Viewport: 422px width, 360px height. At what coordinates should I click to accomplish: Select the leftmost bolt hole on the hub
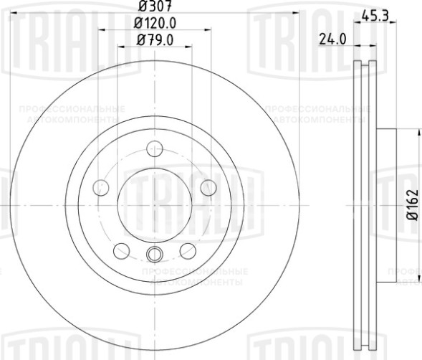pos(101,188)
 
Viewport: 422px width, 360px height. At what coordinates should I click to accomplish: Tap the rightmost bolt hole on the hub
pos(208,188)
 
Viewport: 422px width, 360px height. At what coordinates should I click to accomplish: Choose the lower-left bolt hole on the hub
pos(122,250)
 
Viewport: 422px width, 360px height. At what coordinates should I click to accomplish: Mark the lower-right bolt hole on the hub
pos(187,250)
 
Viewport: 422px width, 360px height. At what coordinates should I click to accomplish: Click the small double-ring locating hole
pos(154,254)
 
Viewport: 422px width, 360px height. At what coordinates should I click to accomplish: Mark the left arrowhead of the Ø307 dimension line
pos(12,15)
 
